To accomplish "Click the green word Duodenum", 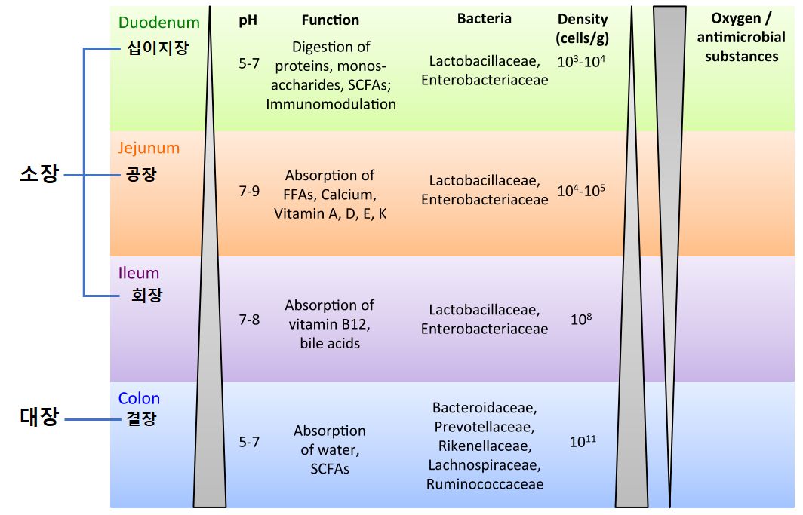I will point(158,22).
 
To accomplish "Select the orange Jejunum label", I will point(149,148).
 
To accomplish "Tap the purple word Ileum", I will point(139,273).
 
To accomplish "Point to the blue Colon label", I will point(139,398).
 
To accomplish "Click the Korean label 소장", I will point(38,175).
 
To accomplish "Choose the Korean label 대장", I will point(38,417).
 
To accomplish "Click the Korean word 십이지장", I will point(157,49).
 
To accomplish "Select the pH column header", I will point(248,20).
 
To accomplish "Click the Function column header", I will point(330,20).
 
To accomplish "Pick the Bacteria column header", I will point(484,19).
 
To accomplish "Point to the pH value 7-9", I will point(249,191).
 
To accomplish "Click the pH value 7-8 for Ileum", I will point(249,320).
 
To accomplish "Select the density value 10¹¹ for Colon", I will point(582,442).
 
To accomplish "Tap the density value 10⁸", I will point(581,320).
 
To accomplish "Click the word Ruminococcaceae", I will point(485,484).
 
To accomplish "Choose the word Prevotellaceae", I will point(485,427).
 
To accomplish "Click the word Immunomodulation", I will point(331,104).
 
